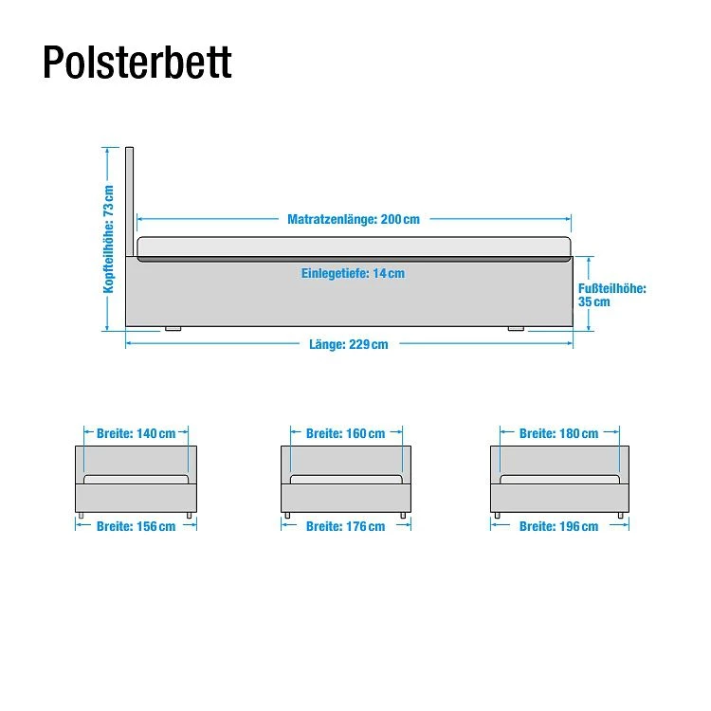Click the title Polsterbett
[x=137, y=63]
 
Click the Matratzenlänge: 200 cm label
[x=353, y=219]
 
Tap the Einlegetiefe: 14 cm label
[x=353, y=273]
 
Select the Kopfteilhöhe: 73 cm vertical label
[x=109, y=238]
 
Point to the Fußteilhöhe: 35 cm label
[x=611, y=295]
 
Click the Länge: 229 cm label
[x=348, y=344]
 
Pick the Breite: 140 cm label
[x=137, y=433]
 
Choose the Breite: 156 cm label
[x=136, y=526]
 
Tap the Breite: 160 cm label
[x=345, y=433]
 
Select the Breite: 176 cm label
[x=345, y=526]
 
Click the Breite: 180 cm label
[x=558, y=433]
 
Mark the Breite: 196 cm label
[x=558, y=526]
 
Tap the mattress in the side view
[x=355, y=249]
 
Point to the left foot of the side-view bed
[x=173, y=329]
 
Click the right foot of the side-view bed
[x=516, y=329]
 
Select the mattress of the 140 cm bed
[x=137, y=479]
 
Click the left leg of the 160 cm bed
[x=286, y=515]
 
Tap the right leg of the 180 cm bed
[x=621, y=515]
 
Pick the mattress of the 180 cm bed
[x=559, y=479]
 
